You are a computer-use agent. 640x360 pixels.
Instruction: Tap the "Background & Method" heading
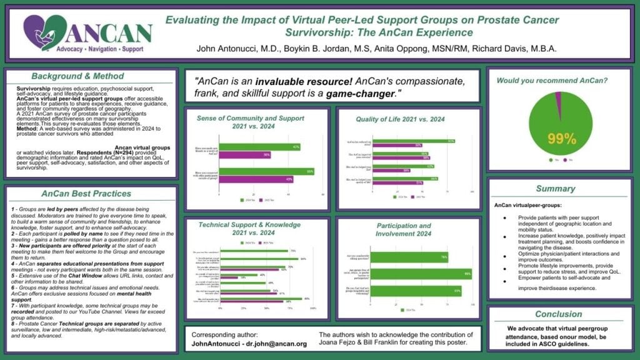point(68,76)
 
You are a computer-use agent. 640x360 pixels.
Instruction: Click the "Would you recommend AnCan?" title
point(542,80)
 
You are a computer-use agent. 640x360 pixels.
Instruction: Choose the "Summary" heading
point(556,188)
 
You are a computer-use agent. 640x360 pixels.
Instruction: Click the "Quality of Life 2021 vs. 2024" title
point(409,119)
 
